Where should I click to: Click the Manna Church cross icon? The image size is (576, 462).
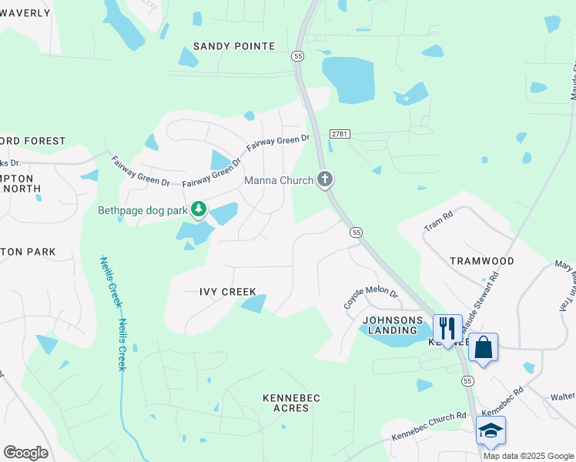coord(325,180)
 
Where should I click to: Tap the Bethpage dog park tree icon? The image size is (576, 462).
coord(199,209)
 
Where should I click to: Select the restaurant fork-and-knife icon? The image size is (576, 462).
coord(447,327)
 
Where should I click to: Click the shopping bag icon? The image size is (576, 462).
coord(483,347)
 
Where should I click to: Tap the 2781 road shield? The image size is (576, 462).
coord(340,134)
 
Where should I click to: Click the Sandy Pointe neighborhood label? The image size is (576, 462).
coord(233,46)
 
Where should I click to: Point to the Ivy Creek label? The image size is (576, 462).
coord(222,292)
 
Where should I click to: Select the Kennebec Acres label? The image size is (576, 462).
coord(291,403)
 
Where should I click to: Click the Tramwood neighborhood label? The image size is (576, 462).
coord(481,261)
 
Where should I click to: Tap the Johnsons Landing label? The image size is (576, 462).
coord(393,325)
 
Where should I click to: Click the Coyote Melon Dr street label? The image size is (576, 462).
coord(370,300)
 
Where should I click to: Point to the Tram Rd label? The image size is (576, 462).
coord(440,223)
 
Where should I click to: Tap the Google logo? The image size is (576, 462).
coord(25,453)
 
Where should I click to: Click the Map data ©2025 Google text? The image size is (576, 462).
coord(528,456)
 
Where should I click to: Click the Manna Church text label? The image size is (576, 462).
coord(279,180)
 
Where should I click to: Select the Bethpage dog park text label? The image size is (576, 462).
coord(142,209)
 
